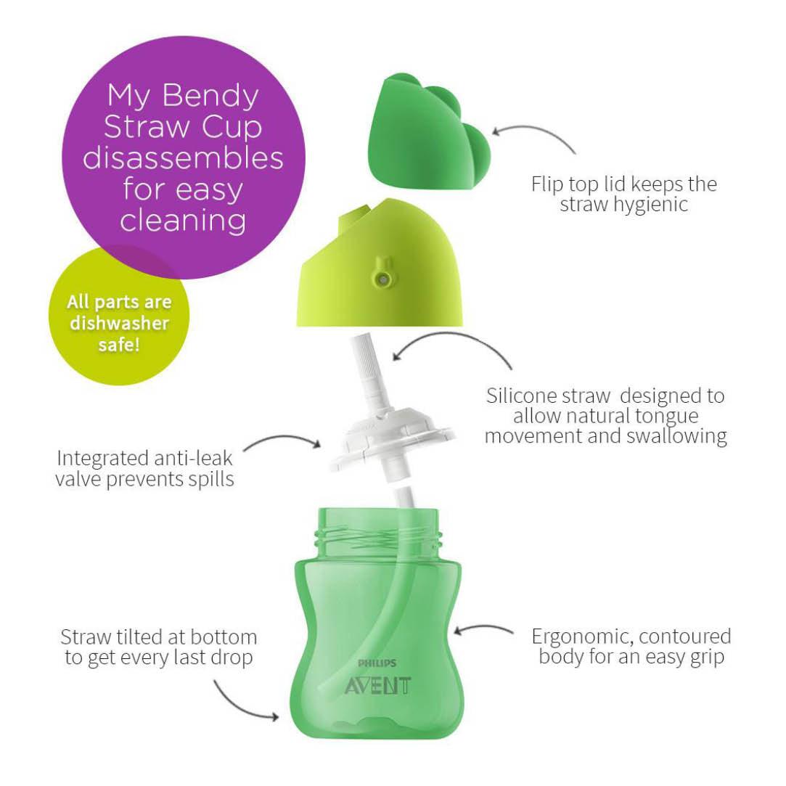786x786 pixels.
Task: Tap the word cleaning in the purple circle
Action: [x=183, y=221]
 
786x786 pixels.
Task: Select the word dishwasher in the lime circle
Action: [x=119, y=323]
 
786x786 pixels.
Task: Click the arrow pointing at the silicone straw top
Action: [x=454, y=346]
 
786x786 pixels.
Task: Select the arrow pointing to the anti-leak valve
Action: [x=283, y=440]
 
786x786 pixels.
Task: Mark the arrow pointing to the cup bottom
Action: [x=243, y=702]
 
